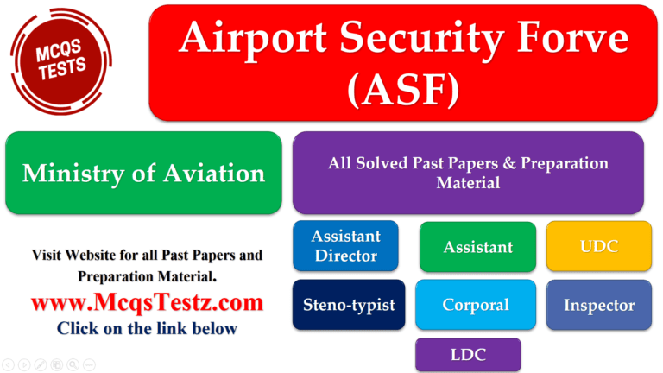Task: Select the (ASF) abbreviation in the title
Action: coord(402,89)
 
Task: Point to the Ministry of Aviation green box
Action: coord(143,173)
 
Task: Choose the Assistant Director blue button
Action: coord(345,246)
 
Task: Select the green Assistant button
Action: coord(477,247)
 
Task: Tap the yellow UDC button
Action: coord(599,246)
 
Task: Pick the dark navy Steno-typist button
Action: coord(349,305)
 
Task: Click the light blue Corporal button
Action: coord(476,305)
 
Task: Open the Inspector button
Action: coord(599,305)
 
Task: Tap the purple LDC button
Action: coord(468,354)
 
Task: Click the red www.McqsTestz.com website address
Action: coord(147,302)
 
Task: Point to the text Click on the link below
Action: coord(147,328)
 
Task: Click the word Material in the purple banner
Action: coord(467,183)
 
